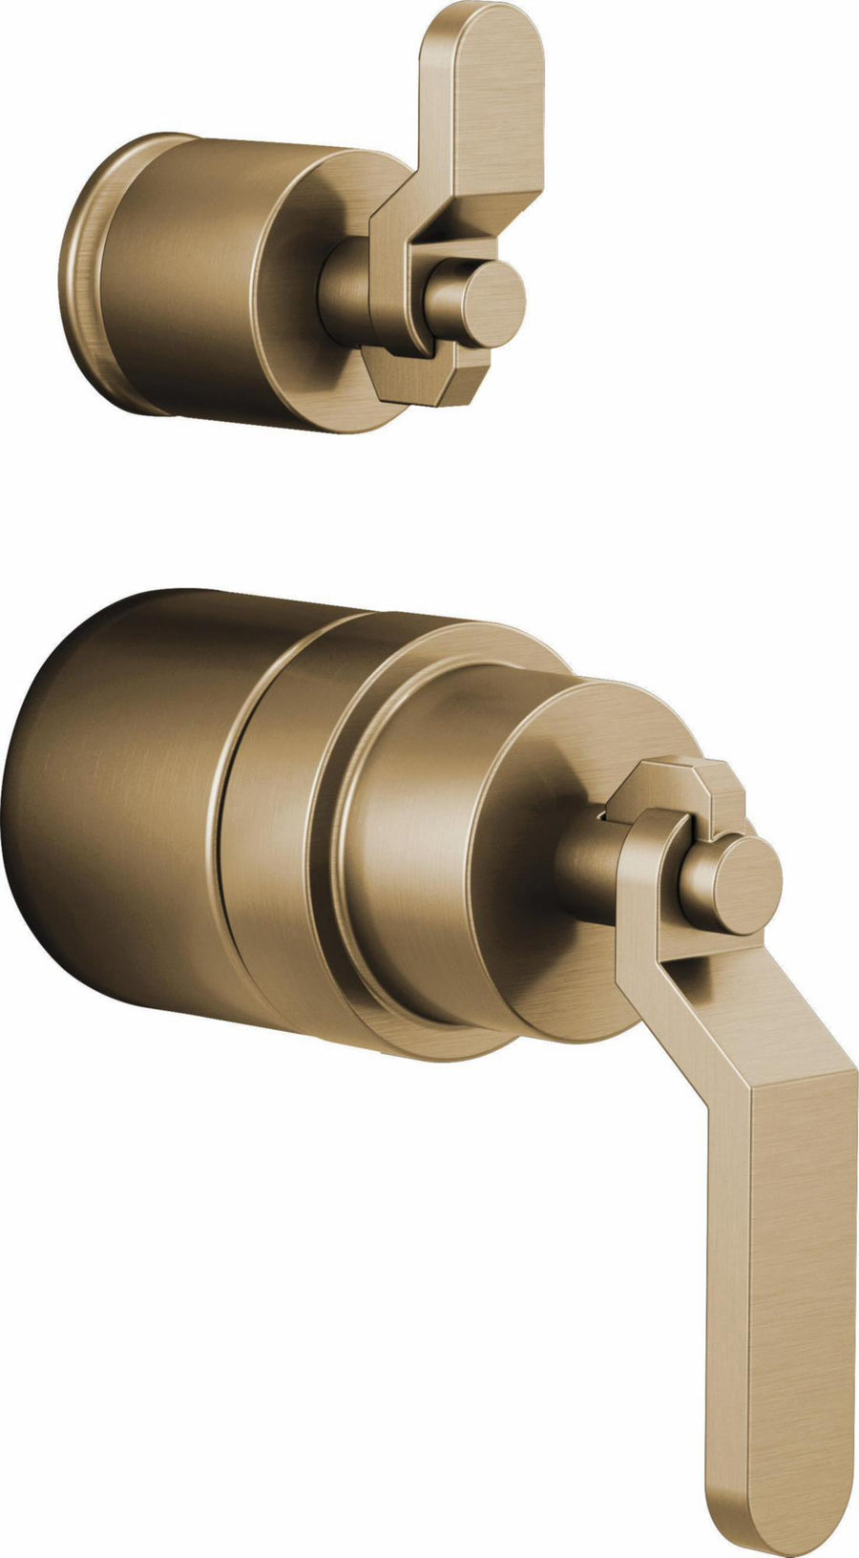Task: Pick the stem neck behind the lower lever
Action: (x=587, y=864)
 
